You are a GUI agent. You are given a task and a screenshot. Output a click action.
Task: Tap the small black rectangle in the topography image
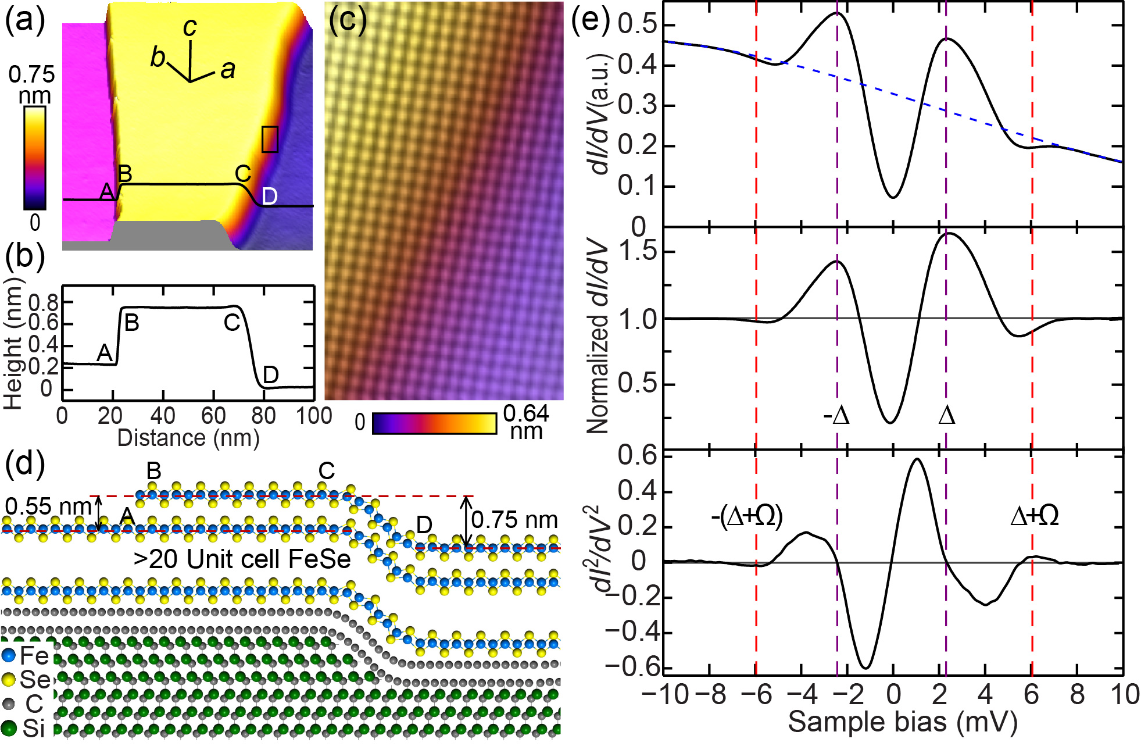[x=270, y=140]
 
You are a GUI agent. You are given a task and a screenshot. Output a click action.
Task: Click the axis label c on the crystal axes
[x=190, y=27]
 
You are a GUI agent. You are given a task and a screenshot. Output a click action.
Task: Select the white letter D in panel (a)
[x=270, y=197]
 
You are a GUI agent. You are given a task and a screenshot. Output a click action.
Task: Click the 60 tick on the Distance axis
[x=213, y=416]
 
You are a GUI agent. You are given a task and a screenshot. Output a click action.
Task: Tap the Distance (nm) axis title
[x=188, y=438]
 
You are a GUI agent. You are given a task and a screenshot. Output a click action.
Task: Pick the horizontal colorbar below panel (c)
[x=434, y=423]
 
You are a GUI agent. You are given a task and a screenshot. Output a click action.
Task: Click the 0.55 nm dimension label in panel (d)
[x=48, y=506]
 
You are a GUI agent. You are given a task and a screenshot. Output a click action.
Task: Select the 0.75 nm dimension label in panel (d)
[x=514, y=520]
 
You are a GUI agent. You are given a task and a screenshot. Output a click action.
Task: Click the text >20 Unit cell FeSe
[x=242, y=559]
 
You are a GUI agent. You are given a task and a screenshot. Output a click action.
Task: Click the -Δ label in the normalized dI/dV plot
[x=837, y=416]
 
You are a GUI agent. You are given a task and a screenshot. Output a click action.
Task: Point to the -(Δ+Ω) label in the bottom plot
[x=747, y=516]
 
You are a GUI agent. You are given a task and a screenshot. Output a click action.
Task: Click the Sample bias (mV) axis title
[x=902, y=722]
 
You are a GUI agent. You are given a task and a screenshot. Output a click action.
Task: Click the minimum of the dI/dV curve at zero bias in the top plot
[x=893, y=197]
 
